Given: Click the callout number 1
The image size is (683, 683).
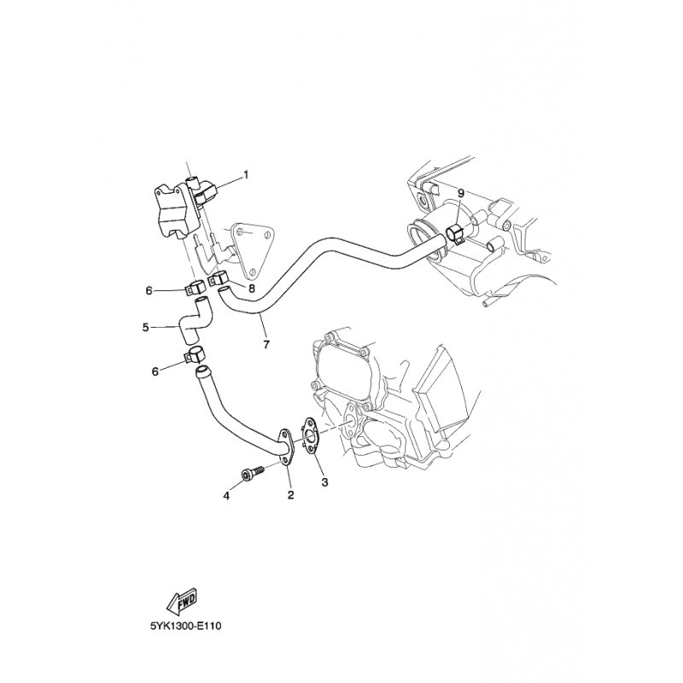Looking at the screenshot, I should click(x=246, y=176).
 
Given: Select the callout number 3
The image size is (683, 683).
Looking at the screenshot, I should click(x=324, y=482).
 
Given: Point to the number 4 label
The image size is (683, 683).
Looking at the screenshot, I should click(x=226, y=495).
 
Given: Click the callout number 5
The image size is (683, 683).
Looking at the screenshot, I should click(x=146, y=326).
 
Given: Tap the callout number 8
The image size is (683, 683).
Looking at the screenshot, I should click(x=251, y=289).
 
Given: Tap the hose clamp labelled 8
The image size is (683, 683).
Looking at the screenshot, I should click(x=219, y=278).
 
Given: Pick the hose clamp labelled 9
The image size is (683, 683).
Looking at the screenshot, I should click(x=455, y=233).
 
